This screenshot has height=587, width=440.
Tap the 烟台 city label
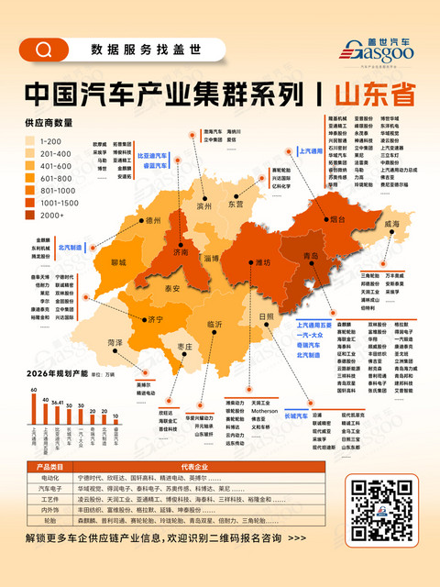coord(337,219)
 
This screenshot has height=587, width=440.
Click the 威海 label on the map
coord(390,223)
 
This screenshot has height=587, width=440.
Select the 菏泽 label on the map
coord(115,341)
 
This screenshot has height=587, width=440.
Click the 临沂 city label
coord(215,324)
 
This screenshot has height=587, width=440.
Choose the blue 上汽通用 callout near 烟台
coord(313,149)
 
